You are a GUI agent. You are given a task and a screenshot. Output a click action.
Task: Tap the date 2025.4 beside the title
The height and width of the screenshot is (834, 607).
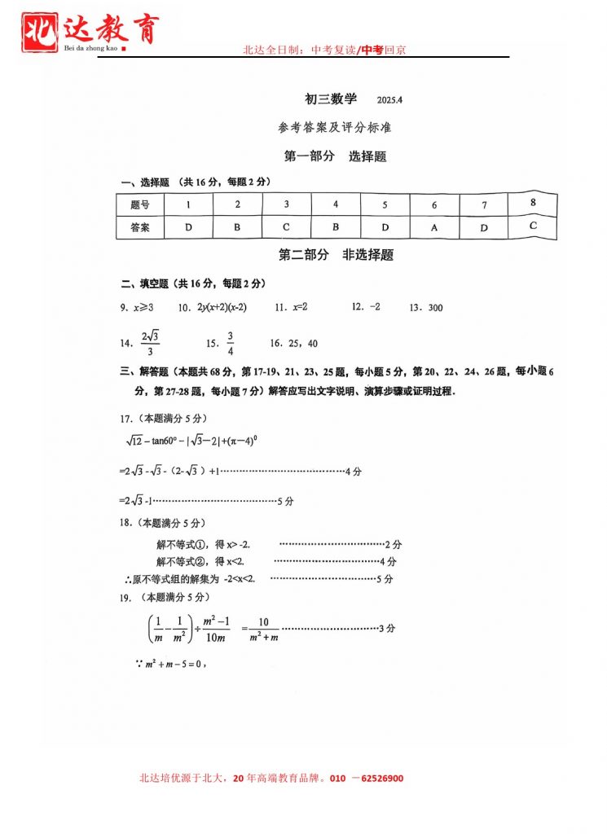(x=391, y=100)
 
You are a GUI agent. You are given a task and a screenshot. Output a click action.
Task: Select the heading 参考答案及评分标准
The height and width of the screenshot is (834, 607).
(x=334, y=128)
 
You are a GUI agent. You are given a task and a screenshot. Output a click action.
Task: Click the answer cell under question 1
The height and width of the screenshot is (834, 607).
(x=188, y=227)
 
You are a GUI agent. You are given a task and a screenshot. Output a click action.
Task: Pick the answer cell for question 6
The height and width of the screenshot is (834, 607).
(x=434, y=228)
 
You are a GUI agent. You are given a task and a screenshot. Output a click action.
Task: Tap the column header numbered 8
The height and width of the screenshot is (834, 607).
(x=533, y=202)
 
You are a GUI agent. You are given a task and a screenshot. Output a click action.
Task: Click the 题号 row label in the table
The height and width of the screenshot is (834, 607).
(x=140, y=204)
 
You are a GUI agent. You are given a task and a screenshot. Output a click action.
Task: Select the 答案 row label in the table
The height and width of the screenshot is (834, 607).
(x=140, y=228)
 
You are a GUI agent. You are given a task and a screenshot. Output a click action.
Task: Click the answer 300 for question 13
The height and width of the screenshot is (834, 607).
(x=435, y=308)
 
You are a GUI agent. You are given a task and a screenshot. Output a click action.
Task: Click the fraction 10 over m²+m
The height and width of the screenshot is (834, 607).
(x=262, y=630)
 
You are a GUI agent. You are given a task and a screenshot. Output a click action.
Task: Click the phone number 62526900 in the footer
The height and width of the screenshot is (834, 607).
(x=376, y=779)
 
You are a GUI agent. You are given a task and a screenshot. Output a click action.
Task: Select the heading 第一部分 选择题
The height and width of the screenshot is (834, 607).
(x=335, y=156)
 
